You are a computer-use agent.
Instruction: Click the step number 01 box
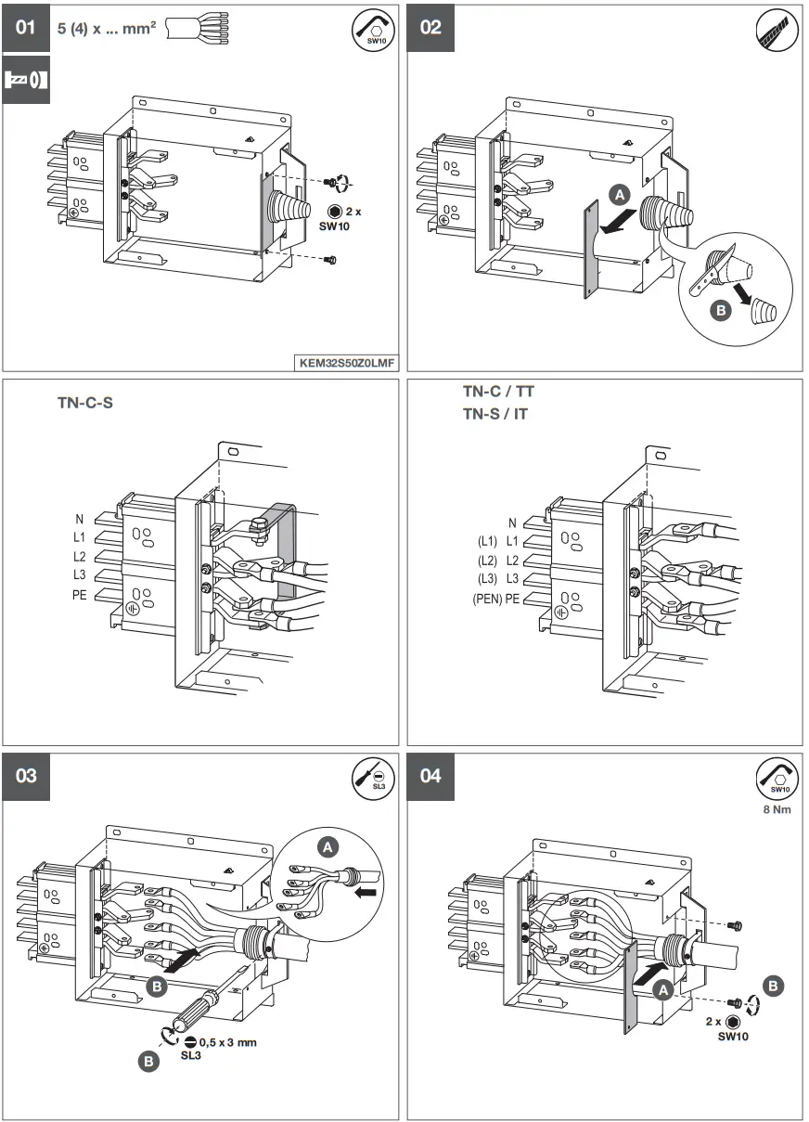click(x=25, y=27)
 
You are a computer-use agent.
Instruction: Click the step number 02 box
click(x=431, y=27)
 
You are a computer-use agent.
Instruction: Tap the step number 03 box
click(x=25, y=776)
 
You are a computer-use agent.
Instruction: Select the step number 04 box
click(x=431, y=776)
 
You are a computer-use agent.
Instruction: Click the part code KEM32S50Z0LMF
click(x=346, y=363)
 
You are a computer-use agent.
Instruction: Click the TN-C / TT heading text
click(x=498, y=393)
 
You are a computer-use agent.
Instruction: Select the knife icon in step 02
click(x=776, y=31)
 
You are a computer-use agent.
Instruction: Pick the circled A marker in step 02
click(x=621, y=194)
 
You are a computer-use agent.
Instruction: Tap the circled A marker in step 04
click(x=662, y=990)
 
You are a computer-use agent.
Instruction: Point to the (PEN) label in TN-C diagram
click(x=487, y=599)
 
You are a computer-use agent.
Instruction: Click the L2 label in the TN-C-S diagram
click(x=79, y=557)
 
